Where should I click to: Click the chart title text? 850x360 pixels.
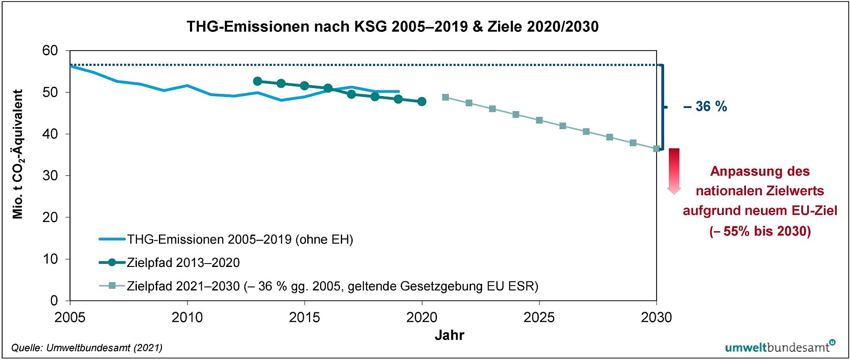(x=392, y=27)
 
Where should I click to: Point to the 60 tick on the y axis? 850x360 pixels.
(x=50, y=51)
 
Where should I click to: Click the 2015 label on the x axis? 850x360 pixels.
(x=304, y=317)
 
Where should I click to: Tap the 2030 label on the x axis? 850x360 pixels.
(x=656, y=317)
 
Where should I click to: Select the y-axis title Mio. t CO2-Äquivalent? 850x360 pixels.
(x=18, y=154)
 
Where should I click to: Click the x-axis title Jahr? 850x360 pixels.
(x=449, y=335)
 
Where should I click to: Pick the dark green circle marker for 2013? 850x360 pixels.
(x=257, y=81)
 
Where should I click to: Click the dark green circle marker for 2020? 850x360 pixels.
(x=422, y=102)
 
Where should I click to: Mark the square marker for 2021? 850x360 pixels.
(x=445, y=97)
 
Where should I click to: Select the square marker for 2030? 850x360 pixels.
(x=656, y=149)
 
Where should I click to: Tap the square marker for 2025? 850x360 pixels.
(x=539, y=120)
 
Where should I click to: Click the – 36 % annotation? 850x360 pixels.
(x=705, y=107)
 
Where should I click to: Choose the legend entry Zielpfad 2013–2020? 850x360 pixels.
(x=183, y=263)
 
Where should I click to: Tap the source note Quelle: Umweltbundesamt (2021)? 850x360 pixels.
(x=87, y=348)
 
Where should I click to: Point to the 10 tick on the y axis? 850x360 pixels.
(x=50, y=259)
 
